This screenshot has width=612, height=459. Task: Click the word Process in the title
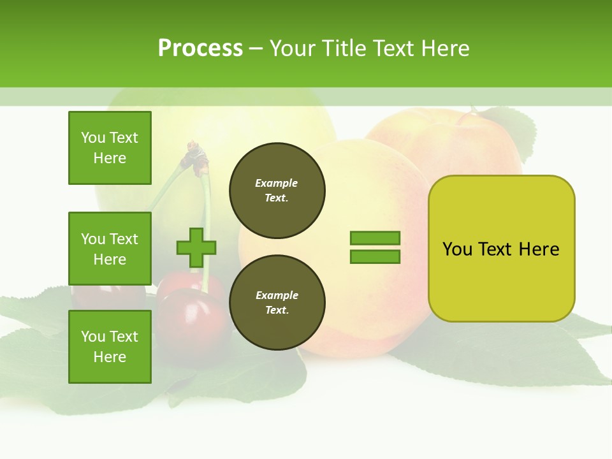click(x=200, y=48)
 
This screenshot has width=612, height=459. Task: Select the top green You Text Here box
click(x=110, y=148)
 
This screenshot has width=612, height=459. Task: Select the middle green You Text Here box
click(x=110, y=249)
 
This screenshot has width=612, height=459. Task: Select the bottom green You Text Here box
click(x=110, y=347)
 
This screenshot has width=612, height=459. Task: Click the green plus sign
click(x=196, y=247)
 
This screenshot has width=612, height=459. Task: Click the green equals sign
click(x=375, y=247)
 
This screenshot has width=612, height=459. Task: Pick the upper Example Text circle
click(x=277, y=191)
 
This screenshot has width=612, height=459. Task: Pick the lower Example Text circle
click(x=277, y=303)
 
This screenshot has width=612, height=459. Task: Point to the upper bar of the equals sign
click(x=375, y=238)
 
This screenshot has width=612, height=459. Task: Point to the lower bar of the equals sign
click(x=375, y=257)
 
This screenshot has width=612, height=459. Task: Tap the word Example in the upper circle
click(x=277, y=183)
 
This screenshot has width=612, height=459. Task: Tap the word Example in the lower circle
click(x=277, y=295)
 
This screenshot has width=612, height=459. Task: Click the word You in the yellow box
click(x=457, y=249)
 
